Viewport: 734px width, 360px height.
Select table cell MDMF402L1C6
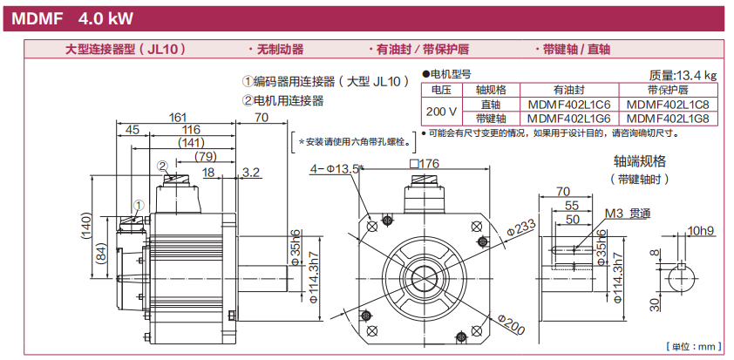point(568,104)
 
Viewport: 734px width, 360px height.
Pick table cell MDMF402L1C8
point(668,104)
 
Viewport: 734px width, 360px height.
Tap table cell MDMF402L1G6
point(568,118)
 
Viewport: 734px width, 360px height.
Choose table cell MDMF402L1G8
point(668,118)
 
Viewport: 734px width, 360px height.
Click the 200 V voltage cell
point(442,111)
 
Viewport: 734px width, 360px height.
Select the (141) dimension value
point(190,143)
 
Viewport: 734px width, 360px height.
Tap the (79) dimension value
point(205,156)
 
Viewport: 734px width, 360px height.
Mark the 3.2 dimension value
point(251,173)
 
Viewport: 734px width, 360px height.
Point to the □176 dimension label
point(423,163)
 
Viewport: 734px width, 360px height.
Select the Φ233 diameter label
point(521,228)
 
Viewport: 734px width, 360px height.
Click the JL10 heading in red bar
point(126,50)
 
